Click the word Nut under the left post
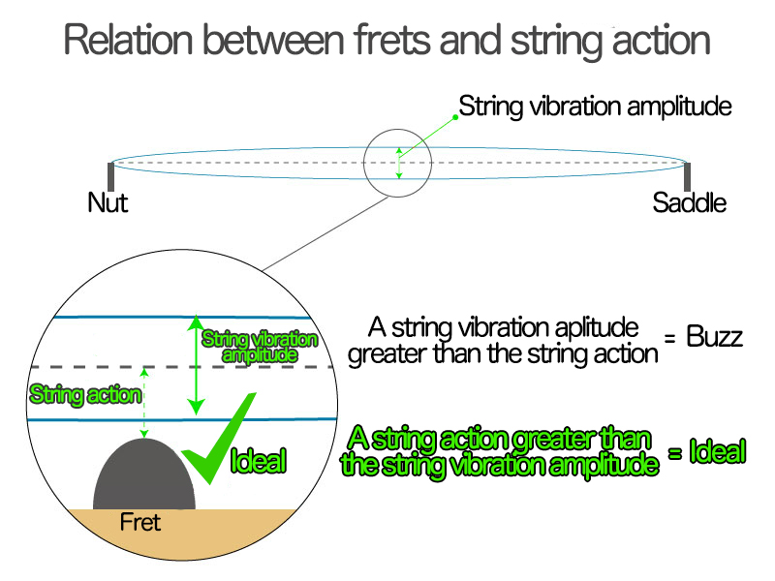tap(108, 203)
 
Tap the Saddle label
tap(689, 203)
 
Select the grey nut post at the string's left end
tap(110, 178)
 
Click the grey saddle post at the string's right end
tap(687, 178)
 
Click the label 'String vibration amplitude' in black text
tap(595, 106)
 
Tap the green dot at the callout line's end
tap(455, 115)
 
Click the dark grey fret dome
tap(145, 476)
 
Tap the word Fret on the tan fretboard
tap(139, 523)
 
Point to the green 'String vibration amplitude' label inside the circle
tap(259, 347)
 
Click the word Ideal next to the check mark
tap(259, 461)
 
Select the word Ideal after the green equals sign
tap(717, 451)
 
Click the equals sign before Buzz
tap(669, 338)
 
